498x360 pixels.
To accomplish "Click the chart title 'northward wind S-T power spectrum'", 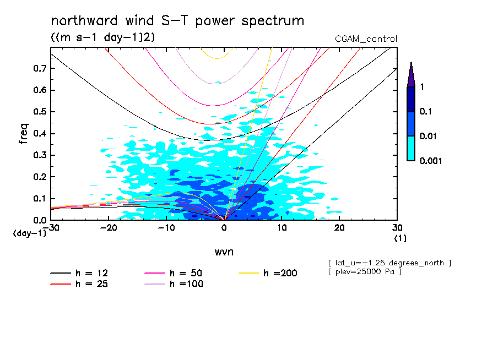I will point(177,21).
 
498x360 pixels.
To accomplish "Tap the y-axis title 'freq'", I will point(24,134).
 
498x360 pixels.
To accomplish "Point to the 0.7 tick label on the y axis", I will point(39,68).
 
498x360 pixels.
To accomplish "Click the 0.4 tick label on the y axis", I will point(39,134).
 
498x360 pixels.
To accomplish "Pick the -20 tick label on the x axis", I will point(109,228).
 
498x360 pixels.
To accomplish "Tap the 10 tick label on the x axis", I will point(282,228).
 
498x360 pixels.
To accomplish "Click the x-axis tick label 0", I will point(224,228).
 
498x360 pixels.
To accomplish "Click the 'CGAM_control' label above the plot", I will point(366,39).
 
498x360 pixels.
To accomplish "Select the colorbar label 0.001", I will point(431,161).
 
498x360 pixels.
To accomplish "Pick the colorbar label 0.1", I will point(425,112).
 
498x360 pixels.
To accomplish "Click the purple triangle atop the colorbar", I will point(410,75).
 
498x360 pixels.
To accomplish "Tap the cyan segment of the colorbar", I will point(410,148).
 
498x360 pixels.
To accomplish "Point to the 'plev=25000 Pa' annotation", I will point(364,272).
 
